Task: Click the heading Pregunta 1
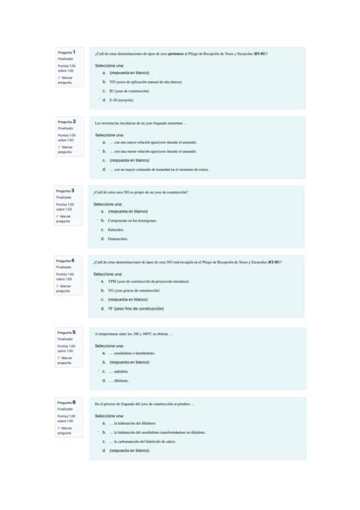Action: coord(66,52)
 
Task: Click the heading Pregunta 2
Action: coord(66,121)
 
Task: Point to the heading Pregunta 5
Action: coord(67,332)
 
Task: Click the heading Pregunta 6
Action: coord(67,402)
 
